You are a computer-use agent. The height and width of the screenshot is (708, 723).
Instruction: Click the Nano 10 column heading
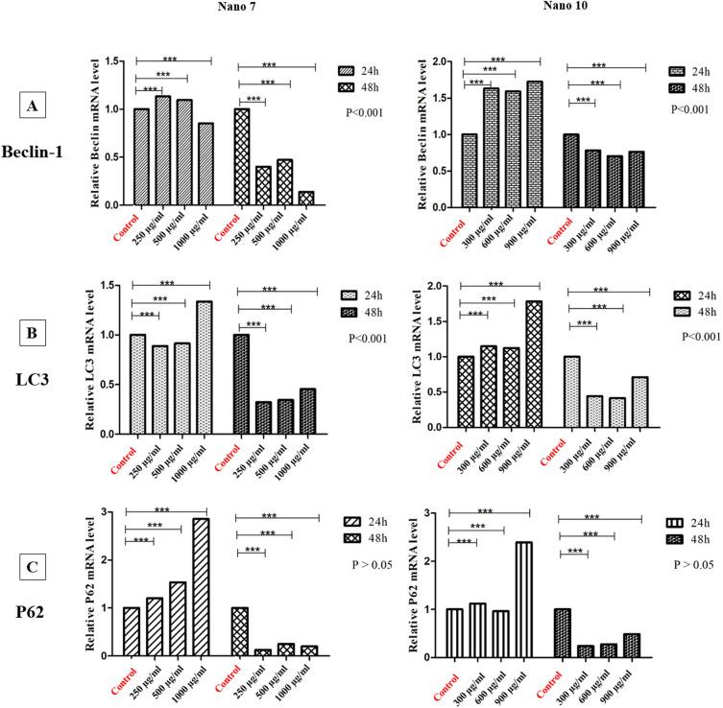pos(566,9)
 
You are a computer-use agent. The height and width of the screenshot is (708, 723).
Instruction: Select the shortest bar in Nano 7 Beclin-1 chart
pos(305,198)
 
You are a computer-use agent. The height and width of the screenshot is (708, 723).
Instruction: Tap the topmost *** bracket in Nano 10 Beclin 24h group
pos(501,60)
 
